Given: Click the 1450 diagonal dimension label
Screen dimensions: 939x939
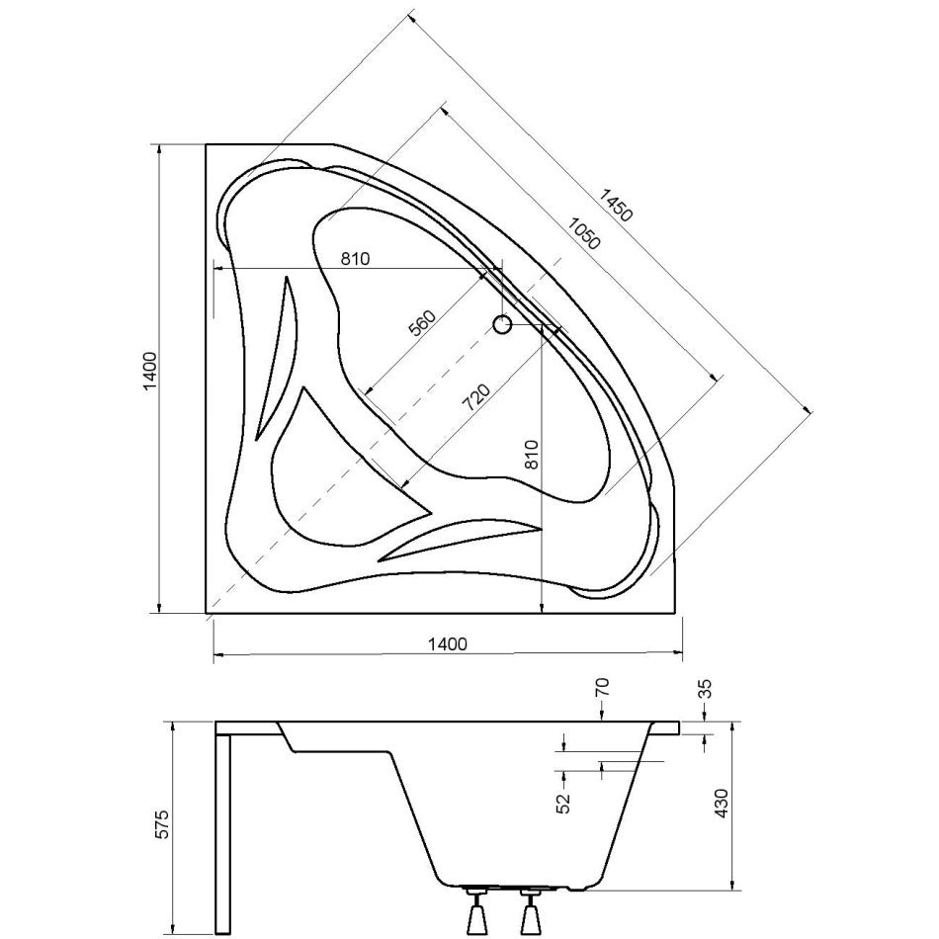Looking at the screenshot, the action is coord(616,205).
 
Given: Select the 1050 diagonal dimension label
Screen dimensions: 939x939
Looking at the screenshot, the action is coord(583,233).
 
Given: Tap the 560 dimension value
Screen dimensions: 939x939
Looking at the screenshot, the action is coord(422,324).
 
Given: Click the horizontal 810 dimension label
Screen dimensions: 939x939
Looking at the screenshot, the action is coord(356,259).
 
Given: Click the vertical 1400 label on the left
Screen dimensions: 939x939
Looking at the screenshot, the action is coord(149,372).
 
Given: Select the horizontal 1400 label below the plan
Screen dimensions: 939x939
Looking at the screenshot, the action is coord(447,644).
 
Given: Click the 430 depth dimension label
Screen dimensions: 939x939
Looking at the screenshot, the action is coord(721,804).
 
